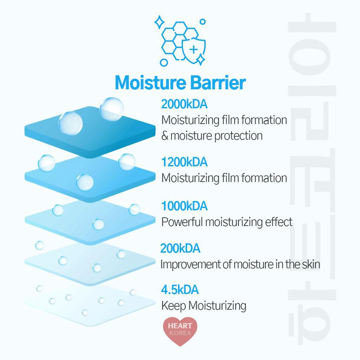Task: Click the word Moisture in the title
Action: tap(150, 83)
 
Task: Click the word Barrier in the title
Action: tap(218, 83)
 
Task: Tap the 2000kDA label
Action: tap(184, 104)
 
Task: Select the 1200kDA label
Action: tap(184, 162)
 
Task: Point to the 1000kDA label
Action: tap(184, 206)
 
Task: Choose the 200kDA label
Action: tap(180, 249)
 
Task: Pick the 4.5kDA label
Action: tap(180, 290)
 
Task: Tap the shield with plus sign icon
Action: tap(194, 50)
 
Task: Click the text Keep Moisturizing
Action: tap(204, 306)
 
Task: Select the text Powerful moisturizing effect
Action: tap(227, 222)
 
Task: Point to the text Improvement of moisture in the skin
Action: tap(240, 264)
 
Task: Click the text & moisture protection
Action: tap(212, 136)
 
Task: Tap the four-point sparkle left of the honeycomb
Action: tap(159, 22)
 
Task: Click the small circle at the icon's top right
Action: tap(202, 22)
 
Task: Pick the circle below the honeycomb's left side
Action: tap(164, 63)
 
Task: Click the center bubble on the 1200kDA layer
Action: tap(85, 182)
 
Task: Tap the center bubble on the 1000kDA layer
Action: tap(98, 224)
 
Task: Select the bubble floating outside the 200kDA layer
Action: tap(39, 245)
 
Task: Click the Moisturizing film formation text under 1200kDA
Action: tap(224, 178)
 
